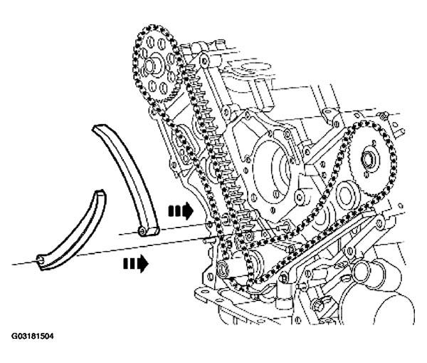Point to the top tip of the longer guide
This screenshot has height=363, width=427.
100,128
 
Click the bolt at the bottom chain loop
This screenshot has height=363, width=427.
221,267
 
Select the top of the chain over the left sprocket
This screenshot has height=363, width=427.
151,28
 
